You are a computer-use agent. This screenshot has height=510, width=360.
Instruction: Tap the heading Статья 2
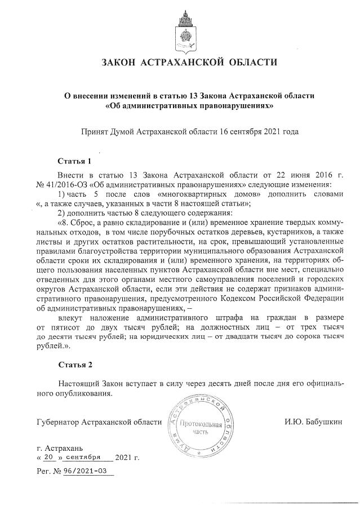(74, 365)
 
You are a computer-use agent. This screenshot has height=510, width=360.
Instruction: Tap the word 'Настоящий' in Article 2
(80, 383)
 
